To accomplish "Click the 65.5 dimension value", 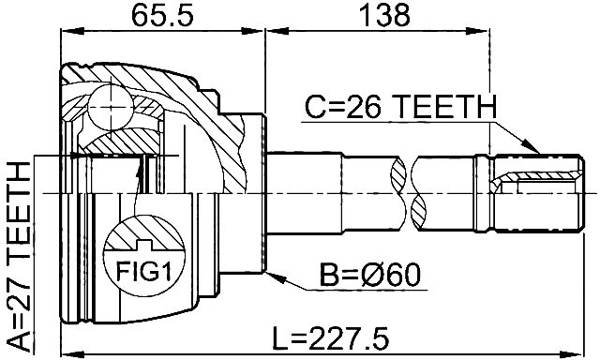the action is [x=162, y=16].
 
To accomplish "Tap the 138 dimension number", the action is [x=385, y=16].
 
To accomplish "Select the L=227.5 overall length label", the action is [x=331, y=338].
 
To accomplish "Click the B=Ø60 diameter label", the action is [x=370, y=276].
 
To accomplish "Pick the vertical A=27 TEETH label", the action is [x=19, y=256].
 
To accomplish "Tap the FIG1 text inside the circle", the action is [x=143, y=271].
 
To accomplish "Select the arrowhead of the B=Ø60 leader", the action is [x=276, y=277].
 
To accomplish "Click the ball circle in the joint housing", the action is [x=111, y=107].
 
